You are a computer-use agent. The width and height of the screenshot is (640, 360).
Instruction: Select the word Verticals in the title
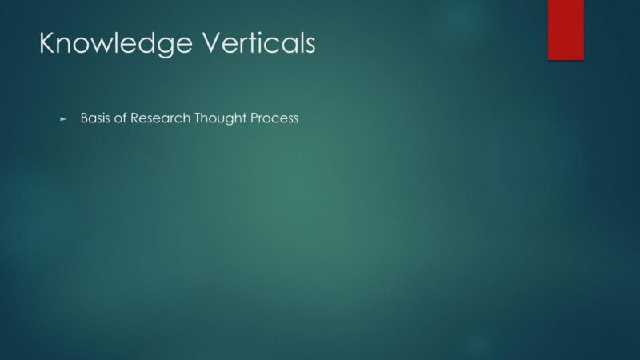click(x=259, y=42)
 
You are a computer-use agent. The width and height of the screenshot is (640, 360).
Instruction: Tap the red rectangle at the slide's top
click(x=566, y=30)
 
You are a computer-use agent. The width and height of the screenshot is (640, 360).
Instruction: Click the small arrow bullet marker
click(x=63, y=119)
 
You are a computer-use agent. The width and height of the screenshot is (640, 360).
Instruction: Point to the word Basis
click(x=95, y=118)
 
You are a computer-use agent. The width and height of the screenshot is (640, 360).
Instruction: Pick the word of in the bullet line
click(x=121, y=118)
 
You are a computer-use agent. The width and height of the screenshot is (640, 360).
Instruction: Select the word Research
click(x=161, y=118)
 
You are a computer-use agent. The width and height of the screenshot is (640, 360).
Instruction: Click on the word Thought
click(x=221, y=118)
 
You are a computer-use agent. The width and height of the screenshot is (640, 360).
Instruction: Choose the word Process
click(x=274, y=118)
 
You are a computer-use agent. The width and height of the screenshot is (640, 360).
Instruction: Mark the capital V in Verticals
click(x=214, y=42)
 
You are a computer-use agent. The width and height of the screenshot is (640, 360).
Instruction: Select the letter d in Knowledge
click(x=147, y=42)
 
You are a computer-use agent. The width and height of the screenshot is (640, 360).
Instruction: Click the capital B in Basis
click(x=84, y=118)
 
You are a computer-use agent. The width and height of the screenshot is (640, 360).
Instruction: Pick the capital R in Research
click(x=134, y=118)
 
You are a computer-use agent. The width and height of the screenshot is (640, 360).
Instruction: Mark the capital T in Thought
click(x=198, y=118)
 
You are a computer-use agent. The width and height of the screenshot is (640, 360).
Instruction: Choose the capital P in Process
click(x=254, y=118)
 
